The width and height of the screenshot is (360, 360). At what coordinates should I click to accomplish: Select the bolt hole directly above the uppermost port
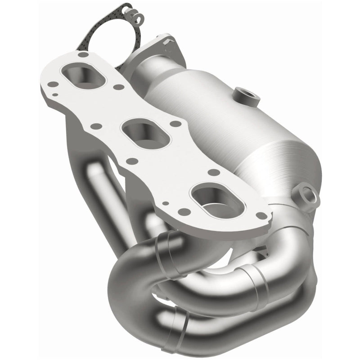pyautogui.click(x=81, y=55)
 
